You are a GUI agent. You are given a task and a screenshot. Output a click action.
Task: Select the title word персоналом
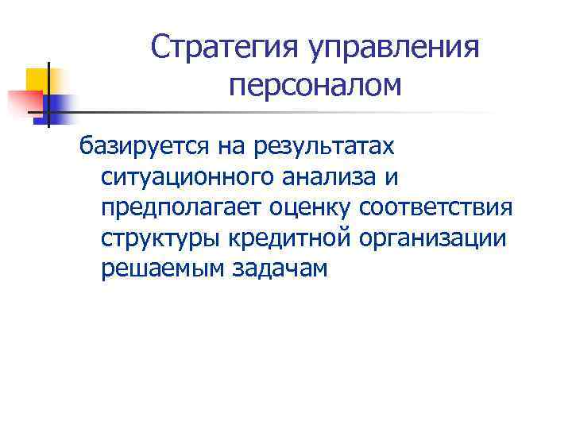click(315, 84)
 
